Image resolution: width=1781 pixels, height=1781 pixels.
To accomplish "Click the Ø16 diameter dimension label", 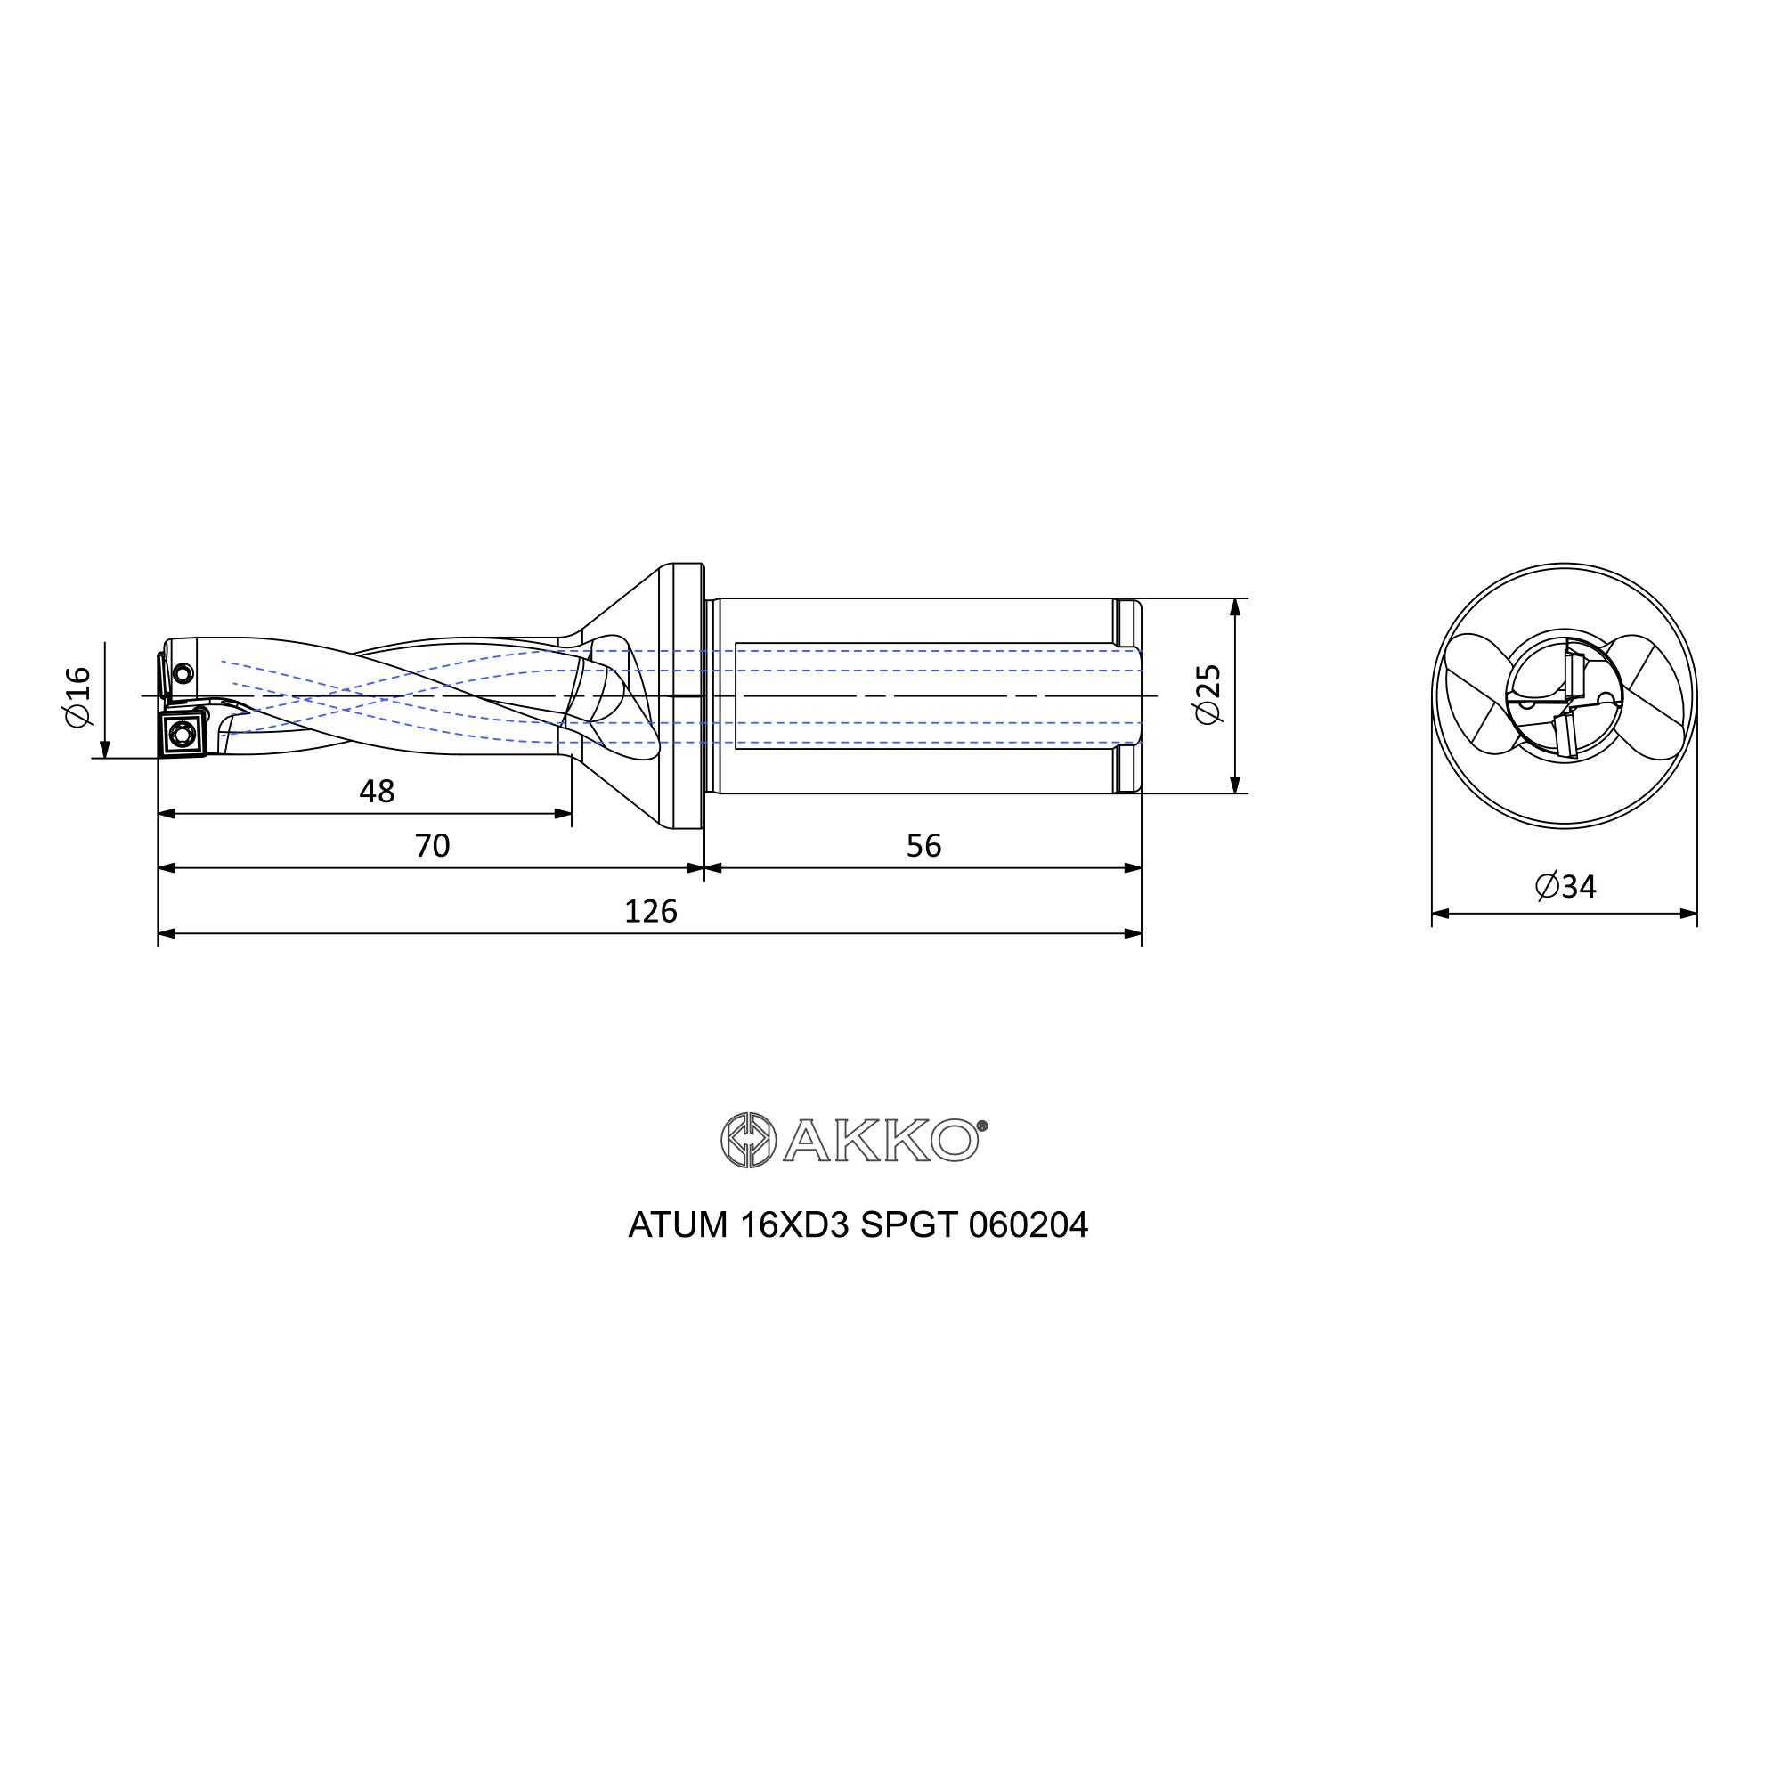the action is (x=78, y=696).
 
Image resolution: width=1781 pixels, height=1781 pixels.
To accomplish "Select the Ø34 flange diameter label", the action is (x=1565, y=886).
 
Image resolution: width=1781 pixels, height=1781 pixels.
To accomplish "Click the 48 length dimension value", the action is (x=377, y=791).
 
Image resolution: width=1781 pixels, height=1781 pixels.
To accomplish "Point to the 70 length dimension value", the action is (x=433, y=845).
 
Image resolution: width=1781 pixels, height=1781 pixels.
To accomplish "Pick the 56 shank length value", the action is (x=923, y=845).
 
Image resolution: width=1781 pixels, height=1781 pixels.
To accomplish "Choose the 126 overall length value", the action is (x=651, y=911).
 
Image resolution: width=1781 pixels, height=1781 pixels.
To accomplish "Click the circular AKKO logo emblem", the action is (x=749, y=1141).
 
